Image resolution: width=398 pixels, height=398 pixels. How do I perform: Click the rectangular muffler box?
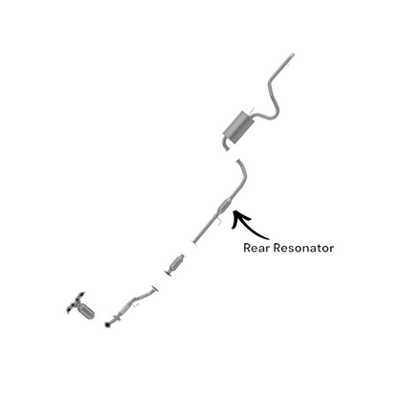(238, 127)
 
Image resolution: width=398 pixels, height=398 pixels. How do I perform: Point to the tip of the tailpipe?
(292, 55)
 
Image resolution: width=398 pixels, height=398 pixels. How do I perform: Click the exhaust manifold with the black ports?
(76, 303)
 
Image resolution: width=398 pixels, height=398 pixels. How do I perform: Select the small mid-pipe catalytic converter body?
(176, 263)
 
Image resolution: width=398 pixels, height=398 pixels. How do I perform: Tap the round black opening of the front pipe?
(107, 325)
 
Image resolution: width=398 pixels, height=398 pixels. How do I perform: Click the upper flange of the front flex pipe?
(155, 289)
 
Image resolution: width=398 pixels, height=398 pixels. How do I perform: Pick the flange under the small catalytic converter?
(168, 273)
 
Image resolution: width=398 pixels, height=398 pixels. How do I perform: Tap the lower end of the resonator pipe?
(193, 241)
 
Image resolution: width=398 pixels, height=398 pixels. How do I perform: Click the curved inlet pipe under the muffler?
(226, 144)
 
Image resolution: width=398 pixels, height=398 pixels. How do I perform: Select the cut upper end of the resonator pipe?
(239, 163)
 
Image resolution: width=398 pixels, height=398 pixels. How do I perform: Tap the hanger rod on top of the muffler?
(252, 111)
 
